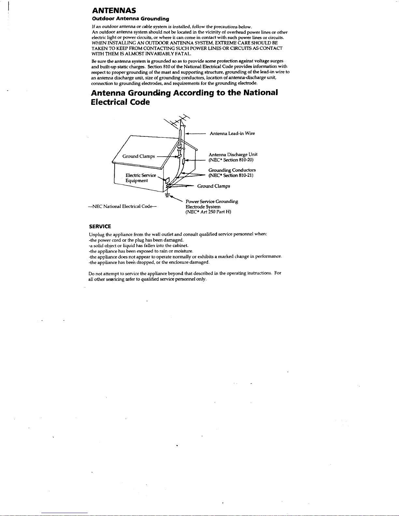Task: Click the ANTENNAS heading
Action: click(x=114, y=11)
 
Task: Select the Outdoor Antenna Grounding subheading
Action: click(x=130, y=19)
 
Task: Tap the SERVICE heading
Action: click(x=100, y=226)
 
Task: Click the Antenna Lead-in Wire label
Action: click(x=232, y=133)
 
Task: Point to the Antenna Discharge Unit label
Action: click(x=233, y=154)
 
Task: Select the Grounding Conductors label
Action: click(x=232, y=170)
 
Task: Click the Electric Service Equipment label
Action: click(x=141, y=178)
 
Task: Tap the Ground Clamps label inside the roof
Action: click(x=138, y=156)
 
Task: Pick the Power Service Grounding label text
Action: click(x=212, y=202)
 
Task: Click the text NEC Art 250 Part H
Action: click(x=208, y=212)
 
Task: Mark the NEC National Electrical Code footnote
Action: click(x=122, y=206)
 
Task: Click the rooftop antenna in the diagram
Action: click(x=177, y=122)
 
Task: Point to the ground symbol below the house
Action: click(x=167, y=195)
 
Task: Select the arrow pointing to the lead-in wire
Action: click(x=195, y=134)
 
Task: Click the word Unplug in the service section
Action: click(x=97, y=234)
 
